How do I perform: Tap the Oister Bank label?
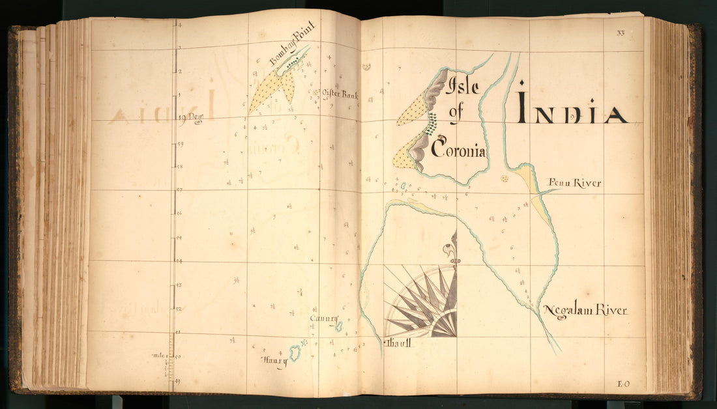(x=339, y=95)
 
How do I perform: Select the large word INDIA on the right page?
(x=572, y=109)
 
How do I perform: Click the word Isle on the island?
(x=463, y=86)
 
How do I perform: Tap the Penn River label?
(x=574, y=184)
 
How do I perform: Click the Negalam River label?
(x=585, y=311)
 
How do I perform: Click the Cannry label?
(x=324, y=318)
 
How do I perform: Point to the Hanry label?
(x=274, y=361)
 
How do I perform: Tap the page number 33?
(x=620, y=33)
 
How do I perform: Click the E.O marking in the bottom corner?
(x=622, y=384)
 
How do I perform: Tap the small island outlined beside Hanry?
(x=296, y=354)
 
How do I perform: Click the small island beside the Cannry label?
(x=339, y=326)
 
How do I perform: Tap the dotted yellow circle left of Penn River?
(x=504, y=178)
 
